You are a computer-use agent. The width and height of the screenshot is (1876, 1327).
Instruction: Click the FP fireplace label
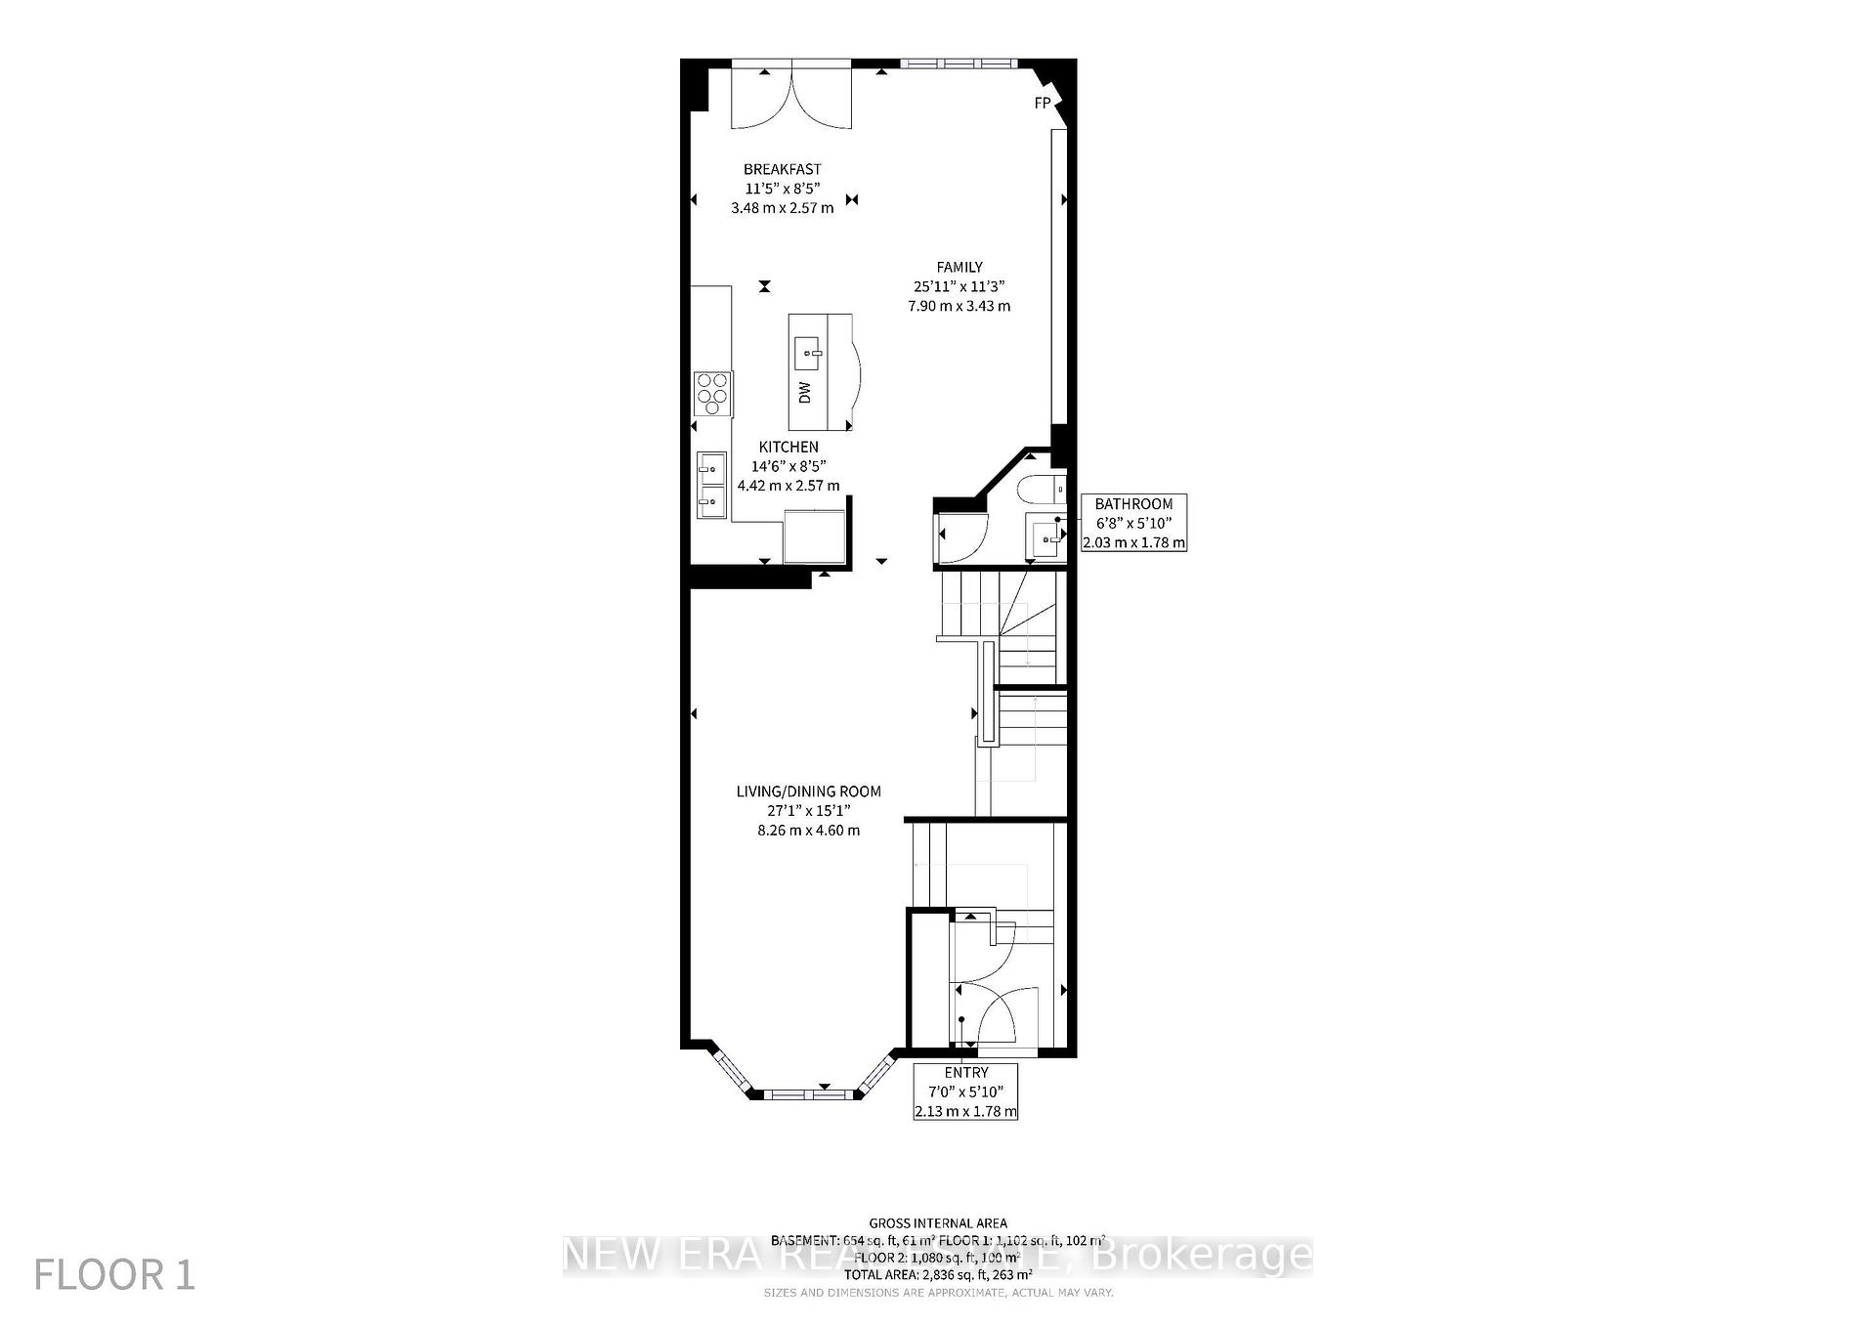tap(1043, 103)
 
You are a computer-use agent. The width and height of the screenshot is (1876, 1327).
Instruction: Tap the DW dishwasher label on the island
tap(805, 392)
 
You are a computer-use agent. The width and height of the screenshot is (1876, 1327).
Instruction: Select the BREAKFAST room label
tap(782, 169)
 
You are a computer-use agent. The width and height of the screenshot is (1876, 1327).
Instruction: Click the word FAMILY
tap(959, 267)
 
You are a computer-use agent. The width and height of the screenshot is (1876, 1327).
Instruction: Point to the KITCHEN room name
tap(789, 447)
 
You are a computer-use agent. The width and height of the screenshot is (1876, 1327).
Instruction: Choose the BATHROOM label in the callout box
tap(1133, 504)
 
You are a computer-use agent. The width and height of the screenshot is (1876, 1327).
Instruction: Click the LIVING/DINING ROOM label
tap(808, 792)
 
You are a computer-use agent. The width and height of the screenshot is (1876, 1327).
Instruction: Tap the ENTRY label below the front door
tap(965, 1072)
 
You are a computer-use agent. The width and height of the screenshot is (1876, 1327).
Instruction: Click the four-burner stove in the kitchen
tap(712, 394)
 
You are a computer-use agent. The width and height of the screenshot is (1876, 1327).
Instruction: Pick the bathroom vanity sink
tap(1046, 536)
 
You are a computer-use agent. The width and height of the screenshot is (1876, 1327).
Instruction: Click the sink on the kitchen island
tap(807, 347)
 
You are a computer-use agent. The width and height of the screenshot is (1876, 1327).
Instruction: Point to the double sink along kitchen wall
tap(710, 486)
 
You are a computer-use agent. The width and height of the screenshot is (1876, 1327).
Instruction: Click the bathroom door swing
tap(962, 539)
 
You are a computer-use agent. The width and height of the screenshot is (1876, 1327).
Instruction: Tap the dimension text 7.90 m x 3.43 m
tap(959, 306)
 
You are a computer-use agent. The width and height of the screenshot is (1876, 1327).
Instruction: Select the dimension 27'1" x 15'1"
tap(808, 811)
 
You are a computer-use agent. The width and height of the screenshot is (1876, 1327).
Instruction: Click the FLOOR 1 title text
tap(114, 1274)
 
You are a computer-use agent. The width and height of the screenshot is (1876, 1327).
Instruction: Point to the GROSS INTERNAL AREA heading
tap(938, 1222)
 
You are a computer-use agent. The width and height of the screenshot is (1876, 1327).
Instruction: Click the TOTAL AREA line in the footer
tap(938, 1274)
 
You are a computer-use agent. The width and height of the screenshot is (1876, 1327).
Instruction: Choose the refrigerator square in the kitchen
tap(813, 535)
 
